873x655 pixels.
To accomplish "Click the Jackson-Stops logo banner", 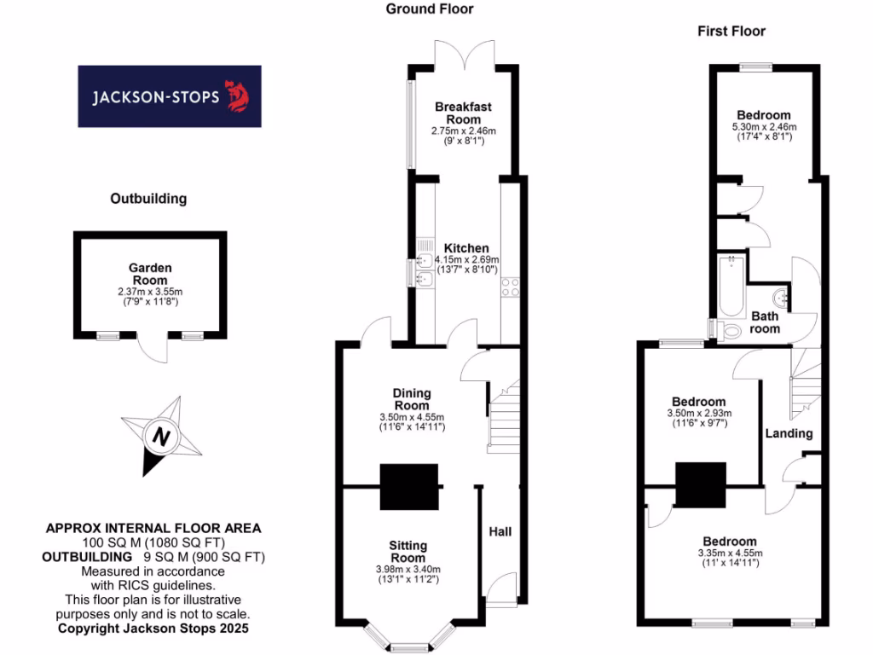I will [170, 96].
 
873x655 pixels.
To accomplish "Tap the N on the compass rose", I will [160, 438].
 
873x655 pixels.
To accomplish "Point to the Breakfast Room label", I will [463, 113].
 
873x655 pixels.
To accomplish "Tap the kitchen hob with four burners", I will [512, 287].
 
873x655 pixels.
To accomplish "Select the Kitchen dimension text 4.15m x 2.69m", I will [466, 259].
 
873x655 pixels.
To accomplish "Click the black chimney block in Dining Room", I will [408, 486].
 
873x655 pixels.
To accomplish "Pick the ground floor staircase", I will [503, 418].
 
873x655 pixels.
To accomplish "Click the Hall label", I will [500, 531].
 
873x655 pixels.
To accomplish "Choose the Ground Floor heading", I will [429, 9].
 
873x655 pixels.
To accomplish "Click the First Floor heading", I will [731, 32].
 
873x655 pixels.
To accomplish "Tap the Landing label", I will [789, 433].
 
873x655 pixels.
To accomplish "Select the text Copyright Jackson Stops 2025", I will [153, 629].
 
